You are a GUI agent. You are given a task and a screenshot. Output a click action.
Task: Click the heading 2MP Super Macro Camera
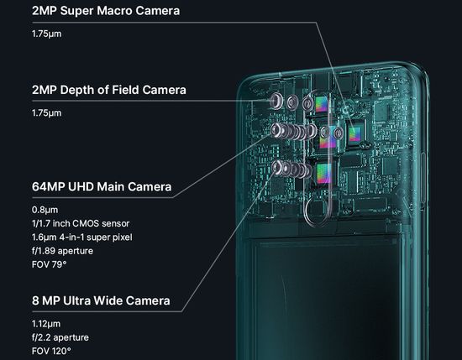click(x=106, y=11)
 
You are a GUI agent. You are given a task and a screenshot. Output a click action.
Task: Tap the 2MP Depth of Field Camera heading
click(x=109, y=90)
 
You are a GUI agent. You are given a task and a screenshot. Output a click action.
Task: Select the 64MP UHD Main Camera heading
click(x=102, y=186)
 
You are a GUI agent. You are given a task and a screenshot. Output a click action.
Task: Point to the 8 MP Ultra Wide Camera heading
click(x=101, y=300)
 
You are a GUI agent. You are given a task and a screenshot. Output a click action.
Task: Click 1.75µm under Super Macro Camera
click(x=46, y=34)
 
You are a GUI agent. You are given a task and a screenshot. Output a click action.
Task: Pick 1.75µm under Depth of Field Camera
click(x=46, y=113)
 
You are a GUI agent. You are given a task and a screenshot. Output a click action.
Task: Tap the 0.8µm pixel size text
click(x=45, y=210)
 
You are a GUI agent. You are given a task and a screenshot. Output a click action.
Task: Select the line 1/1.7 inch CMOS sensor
click(x=81, y=223)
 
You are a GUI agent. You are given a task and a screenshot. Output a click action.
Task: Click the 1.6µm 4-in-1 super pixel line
click(x=82, y=237)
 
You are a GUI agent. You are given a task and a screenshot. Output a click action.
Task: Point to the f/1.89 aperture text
click(x=62, y=251)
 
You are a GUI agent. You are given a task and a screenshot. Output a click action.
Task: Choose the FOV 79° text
click(x=49, y=264)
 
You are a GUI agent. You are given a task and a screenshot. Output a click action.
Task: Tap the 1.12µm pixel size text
click(x=46, y=324)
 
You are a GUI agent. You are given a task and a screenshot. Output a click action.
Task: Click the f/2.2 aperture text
click(x=60, y=337)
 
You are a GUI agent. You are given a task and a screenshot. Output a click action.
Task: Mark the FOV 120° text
click(x=51, y=351)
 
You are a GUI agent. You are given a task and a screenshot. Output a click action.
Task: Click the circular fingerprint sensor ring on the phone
click(x=307, y=212)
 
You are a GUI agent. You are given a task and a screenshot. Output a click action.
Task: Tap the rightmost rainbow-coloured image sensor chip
click(x=354, y=134)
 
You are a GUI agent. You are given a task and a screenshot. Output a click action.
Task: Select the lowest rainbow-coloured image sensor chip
click(x=324, y=174)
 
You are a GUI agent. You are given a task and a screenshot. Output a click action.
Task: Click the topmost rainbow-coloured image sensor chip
click(x=321, y=105)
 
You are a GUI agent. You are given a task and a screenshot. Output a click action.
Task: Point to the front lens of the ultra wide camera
click(x=276, y=167)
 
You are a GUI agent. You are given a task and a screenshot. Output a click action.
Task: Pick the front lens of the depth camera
click(x=276, y=101)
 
